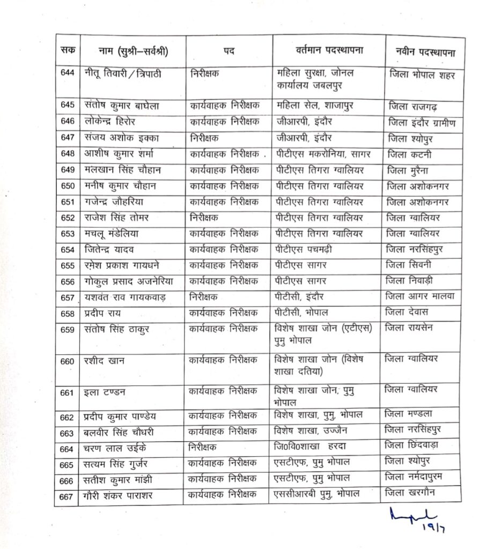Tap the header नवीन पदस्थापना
pyautogui.click(x=422, y=53)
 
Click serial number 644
pyautogui.click(x=68, y=73)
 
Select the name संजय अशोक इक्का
pyautogui.click(x=119, y=138)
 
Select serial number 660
pyautogui.click(x=68, y=361)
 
